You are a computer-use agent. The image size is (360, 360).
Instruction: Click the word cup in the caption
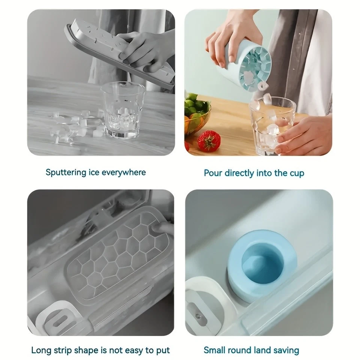tap(295, 173)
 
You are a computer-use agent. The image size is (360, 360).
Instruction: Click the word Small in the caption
tap(215, 351)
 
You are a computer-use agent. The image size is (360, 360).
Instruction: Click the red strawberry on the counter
tap(208, 141)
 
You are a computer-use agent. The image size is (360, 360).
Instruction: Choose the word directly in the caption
tap(239, 173)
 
